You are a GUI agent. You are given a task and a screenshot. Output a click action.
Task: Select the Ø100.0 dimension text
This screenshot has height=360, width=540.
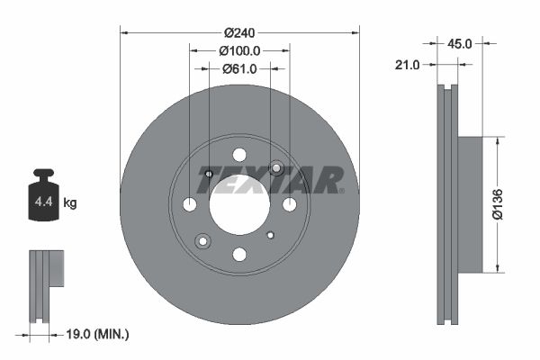(239, 51)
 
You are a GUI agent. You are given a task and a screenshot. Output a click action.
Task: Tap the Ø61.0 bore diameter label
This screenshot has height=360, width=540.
(239, 68)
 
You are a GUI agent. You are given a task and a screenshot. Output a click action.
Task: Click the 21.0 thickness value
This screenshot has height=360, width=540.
(409, 64)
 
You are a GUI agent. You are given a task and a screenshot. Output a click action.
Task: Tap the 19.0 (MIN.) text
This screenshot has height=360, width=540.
(98, 335)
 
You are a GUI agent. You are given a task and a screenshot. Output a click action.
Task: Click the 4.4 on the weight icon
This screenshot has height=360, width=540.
(43, 202)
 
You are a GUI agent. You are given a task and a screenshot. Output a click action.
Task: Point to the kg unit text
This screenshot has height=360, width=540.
(70, 203)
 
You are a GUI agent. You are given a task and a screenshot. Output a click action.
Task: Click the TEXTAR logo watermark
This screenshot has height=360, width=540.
(270, 179)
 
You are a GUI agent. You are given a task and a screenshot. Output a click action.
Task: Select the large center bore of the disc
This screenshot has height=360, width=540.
(239, 204)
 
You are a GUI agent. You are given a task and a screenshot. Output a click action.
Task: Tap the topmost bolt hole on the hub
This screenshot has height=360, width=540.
(239, 155)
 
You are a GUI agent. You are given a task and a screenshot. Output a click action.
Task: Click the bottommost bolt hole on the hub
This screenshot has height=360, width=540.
(239, 255)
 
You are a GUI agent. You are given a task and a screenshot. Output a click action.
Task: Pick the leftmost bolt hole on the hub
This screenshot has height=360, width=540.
(190, 204)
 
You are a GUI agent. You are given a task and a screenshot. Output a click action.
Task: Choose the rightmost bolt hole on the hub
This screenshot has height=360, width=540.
(290, 204)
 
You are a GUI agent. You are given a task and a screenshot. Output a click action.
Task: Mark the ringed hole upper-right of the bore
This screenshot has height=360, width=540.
(276, 168)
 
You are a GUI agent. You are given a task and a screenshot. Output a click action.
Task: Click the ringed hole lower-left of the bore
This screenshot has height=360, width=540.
(202, 240)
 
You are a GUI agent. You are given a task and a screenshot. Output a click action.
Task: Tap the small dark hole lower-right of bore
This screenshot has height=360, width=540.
(270, 235)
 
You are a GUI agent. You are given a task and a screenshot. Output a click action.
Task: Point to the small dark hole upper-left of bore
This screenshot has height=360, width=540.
(209, 174)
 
